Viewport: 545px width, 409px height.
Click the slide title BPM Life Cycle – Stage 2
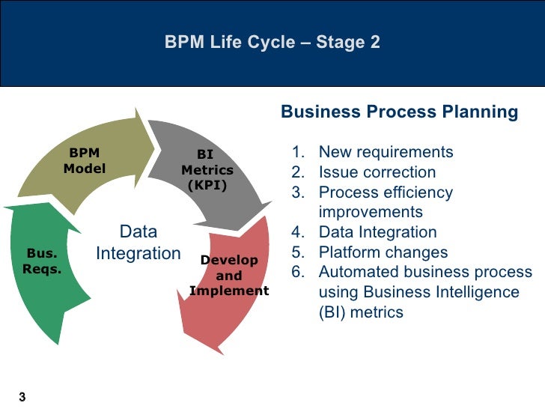(272, 43)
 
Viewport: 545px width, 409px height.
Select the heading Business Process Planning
(399, 112)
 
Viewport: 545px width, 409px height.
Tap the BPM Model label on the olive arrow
(84, 161)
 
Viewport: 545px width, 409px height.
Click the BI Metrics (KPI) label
(207, 170)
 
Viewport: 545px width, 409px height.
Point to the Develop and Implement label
(229, 275)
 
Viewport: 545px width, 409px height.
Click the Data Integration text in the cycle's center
(138, 243)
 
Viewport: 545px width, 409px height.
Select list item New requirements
(386, 153)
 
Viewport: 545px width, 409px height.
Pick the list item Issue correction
(377, 172)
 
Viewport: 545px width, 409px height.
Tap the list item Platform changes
(383, 252)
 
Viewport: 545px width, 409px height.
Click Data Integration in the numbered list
(377, 232)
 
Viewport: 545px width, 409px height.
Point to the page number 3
(22, 396)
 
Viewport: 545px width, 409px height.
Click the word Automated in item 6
(355, 272)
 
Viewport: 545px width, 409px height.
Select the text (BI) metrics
(361, 312)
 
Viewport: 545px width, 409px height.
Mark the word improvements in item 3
(371, 212)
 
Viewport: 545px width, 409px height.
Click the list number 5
(297, 252)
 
